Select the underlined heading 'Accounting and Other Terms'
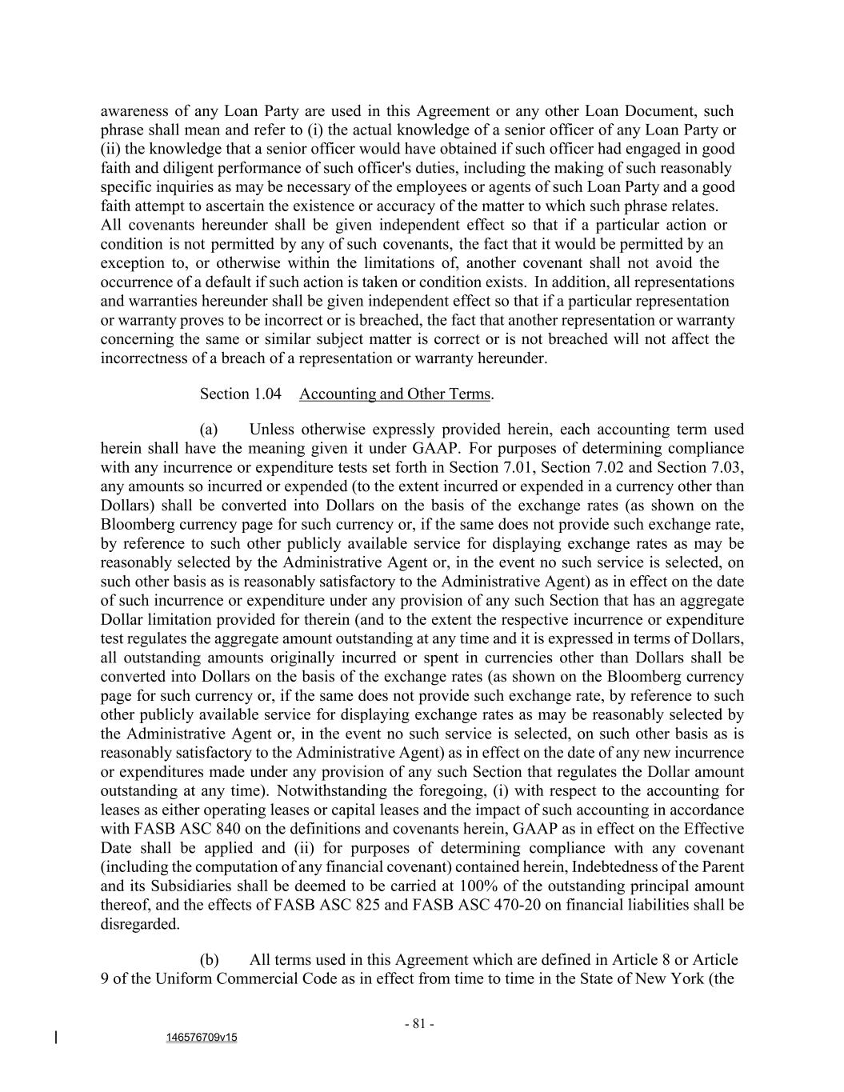click(x=394, y=394)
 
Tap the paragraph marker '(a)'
click(x=209, y=429)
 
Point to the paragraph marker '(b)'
click(x=209, y=959)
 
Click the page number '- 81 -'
click(x=419, y=1024)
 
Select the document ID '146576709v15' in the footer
click(x=202, y=1038)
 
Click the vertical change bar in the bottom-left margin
click(x=56, y=1038)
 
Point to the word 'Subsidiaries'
click(x=170, y=886)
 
